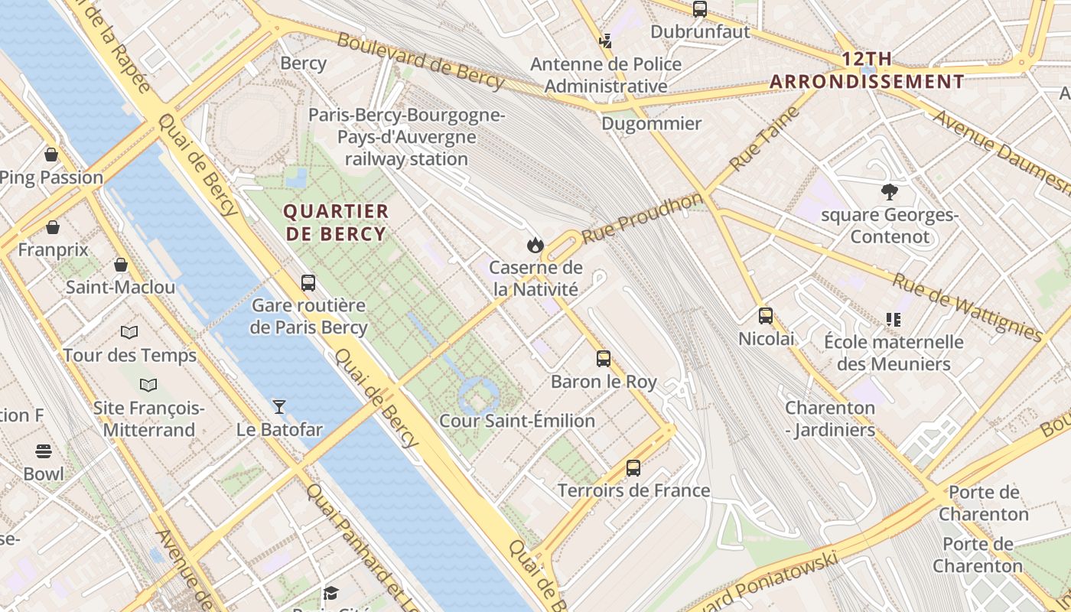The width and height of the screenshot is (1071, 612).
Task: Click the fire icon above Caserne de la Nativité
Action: pos(535,245)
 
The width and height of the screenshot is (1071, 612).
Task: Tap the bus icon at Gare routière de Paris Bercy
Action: pos(308,283)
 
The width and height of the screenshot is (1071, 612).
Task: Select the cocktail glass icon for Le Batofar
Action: pos(279,406)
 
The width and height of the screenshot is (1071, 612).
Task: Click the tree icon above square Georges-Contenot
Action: pos(889,191)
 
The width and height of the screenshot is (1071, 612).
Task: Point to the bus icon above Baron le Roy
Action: pos(604,358)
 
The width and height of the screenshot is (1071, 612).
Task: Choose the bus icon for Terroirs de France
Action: pos(633,467)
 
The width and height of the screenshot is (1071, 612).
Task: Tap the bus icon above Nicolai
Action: pos(766,315)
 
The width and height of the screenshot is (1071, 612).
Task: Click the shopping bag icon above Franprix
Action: pos(53,227)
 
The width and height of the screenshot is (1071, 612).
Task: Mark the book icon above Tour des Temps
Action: pos(129,332)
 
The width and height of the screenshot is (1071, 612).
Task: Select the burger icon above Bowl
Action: pos(44,451)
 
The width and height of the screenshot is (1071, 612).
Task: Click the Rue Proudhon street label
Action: pos(643,218)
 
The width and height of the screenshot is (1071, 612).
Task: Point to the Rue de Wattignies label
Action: pos(967,308)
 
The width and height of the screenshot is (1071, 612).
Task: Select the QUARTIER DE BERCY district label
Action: pos(337,223)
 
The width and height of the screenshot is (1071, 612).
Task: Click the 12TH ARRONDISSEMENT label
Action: pos(867,70)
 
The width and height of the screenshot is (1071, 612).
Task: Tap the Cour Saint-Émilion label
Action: pos(517,421)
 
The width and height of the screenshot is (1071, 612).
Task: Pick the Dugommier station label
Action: pos(652,123)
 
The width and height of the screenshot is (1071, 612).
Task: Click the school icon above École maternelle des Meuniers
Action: pos(893,319)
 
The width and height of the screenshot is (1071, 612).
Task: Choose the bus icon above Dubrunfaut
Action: pos(700,9)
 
